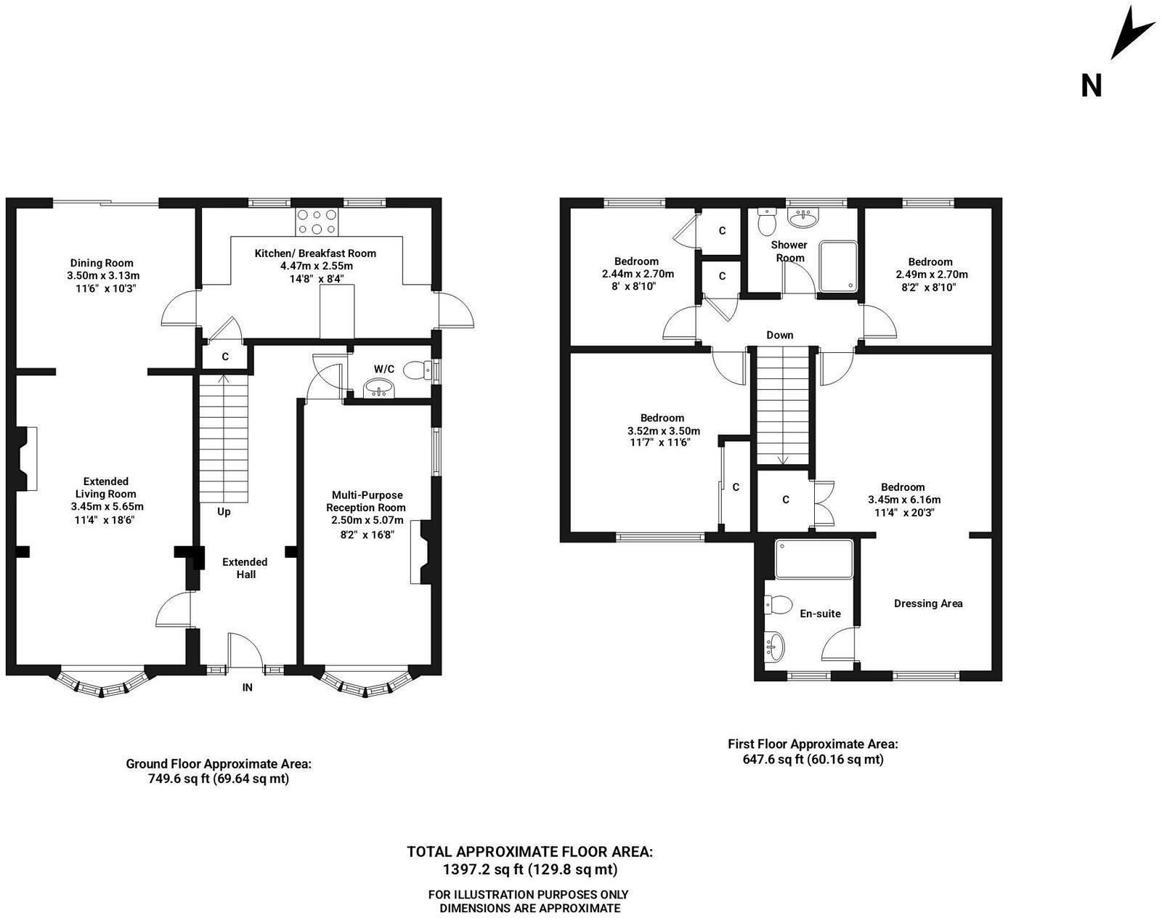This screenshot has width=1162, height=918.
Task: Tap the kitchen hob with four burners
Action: tap(317, 222)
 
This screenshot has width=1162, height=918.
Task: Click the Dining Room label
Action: tap(102, 263)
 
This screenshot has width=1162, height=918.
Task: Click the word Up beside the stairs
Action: tap(224, 511)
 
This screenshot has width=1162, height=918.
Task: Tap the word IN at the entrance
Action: tap(247, 687)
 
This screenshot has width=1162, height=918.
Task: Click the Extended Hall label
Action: tap(245, 568)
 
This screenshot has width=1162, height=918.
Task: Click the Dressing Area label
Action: tap(928, 603)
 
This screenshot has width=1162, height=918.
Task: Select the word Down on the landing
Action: tap(779, 335)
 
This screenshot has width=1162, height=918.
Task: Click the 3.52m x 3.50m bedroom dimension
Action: tap(663, 430)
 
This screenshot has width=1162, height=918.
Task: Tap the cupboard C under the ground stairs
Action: tap(225, 357)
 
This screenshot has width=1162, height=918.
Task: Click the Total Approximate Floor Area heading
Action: tap(529, 851)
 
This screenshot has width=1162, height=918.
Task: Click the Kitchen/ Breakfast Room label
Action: tap(315, 253)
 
